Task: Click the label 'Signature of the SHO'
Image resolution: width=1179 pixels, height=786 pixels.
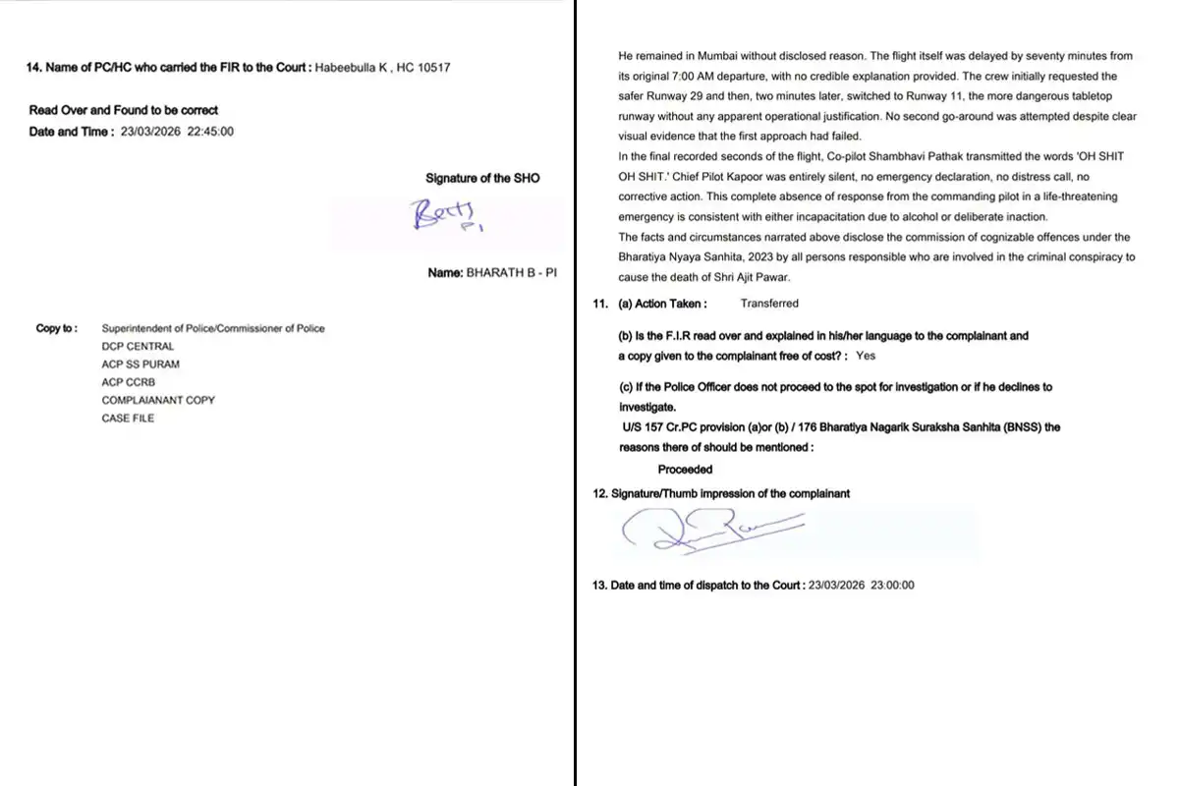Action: point(482,178)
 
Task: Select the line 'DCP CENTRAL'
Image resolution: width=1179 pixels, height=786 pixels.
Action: point(138,346)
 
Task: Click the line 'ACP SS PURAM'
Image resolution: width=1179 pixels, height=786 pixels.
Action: point(140,364)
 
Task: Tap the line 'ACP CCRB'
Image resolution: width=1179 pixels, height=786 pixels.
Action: point(129,382)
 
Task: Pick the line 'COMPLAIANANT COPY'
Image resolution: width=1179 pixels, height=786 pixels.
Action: point(158,400)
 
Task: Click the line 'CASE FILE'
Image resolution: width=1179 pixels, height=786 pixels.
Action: point(128,418)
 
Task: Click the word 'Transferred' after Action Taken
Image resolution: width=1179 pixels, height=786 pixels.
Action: point(769,304)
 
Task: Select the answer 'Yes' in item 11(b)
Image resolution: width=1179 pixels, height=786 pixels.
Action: point(866,356)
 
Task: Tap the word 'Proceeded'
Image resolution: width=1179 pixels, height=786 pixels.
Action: point(685,470)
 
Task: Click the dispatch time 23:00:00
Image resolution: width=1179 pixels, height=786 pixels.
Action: point(889,585)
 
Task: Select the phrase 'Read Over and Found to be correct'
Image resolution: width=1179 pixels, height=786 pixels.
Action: point(124,110)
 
